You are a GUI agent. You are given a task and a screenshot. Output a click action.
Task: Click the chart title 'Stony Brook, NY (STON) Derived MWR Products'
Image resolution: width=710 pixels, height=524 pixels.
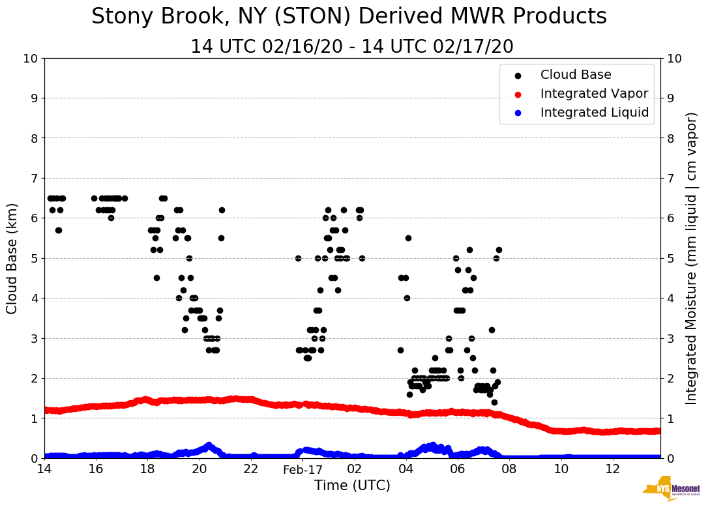[x=349, y=17]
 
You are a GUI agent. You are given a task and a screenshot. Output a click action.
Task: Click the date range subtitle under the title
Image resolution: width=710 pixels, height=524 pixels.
[x=352, y=47]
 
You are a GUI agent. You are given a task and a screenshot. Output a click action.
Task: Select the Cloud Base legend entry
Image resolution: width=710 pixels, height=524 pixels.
[x=576, y=75]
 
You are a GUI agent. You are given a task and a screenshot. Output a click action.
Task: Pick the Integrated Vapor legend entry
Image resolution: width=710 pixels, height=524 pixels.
[x=594, y=94]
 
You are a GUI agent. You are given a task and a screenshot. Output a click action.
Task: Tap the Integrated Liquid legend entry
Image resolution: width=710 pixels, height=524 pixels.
[x=595, y=113]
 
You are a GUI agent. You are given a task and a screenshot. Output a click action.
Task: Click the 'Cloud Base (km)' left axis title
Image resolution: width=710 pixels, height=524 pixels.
[x=12, y=258]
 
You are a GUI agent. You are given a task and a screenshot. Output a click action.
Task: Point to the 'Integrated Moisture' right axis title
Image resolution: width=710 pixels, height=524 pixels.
[x=692, y=258]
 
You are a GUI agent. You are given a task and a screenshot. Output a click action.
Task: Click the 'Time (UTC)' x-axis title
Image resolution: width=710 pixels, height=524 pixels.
[x=352, y=486]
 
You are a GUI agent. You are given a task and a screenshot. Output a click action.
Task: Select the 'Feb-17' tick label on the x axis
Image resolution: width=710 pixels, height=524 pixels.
[x=303, y=469]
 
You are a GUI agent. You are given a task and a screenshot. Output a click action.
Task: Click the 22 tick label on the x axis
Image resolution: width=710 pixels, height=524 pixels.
[x=251, y=469]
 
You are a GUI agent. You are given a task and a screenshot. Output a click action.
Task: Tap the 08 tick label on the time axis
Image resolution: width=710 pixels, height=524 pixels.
[x=509, y=469]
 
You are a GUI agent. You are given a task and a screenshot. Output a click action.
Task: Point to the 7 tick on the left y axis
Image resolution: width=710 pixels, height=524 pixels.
[x=33, y=178]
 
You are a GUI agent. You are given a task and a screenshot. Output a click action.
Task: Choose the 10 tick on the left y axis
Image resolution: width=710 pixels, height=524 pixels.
[x=30, y=59]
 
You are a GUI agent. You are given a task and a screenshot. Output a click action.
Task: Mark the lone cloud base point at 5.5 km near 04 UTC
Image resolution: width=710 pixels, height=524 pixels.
[x=408, y=238]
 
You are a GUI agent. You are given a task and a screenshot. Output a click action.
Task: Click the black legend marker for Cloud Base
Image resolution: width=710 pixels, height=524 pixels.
[x=518, y=76]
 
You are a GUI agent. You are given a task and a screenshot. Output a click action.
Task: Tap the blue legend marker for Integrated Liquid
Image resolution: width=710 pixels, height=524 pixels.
[x=518, y=113]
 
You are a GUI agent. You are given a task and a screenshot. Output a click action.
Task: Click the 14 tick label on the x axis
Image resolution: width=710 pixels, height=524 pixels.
[x=44, y=469]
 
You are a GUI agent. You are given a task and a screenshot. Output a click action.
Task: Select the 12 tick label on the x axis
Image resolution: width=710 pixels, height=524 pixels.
[x=612, y=469]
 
